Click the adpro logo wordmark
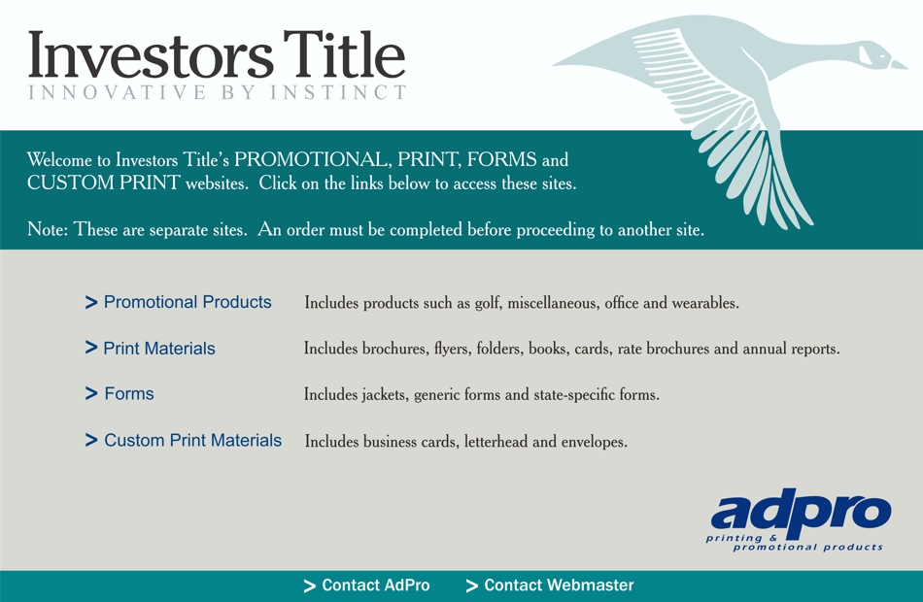(801, 512)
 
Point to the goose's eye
(882, 56)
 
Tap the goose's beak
(899, 63)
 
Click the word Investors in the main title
(151, 54)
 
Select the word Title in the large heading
(344, 53)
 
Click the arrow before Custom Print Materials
(90, 440)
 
